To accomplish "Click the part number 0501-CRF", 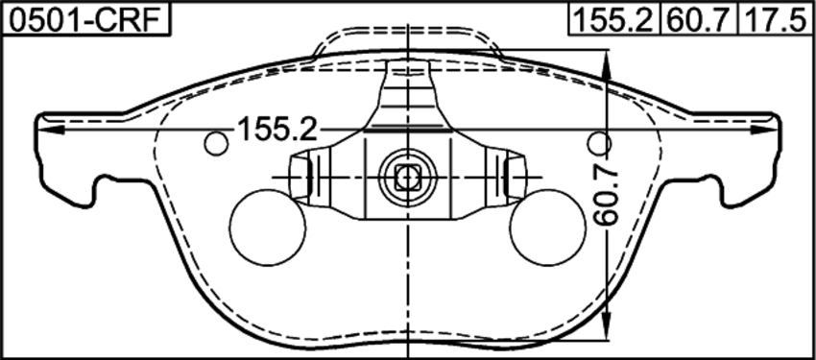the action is (85, 20).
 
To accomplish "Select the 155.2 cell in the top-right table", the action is (613, 20).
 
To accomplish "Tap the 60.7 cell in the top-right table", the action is (698, 20).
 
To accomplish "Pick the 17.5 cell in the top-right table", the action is (776, 20).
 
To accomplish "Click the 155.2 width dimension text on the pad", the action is (277, 129).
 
